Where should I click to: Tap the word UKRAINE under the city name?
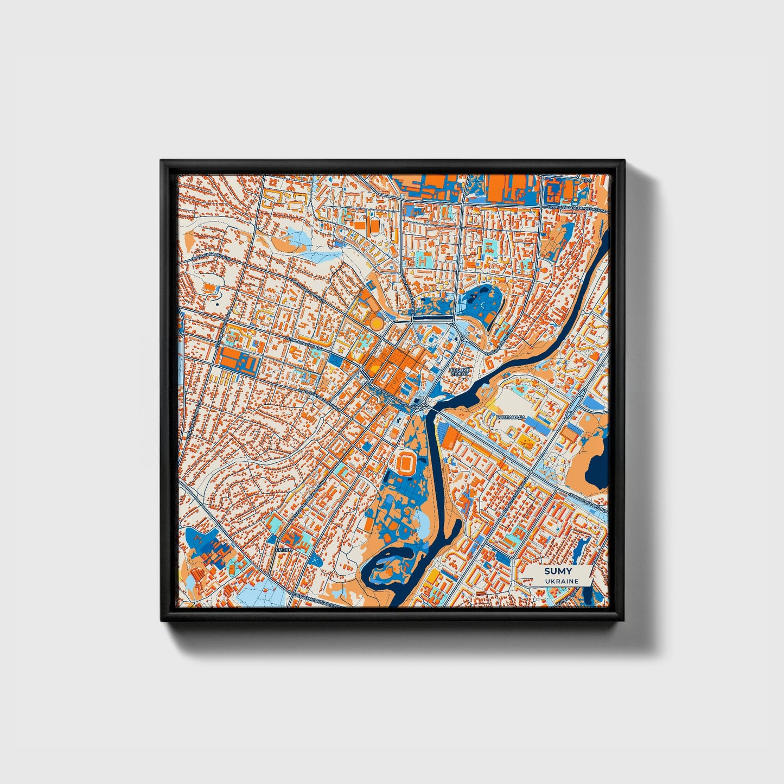[x=556, y=581]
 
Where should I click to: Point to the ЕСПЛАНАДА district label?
[x=511, y=417]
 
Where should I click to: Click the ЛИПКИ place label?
[x=284, y=550]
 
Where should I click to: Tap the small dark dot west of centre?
[x=216, y=305]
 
